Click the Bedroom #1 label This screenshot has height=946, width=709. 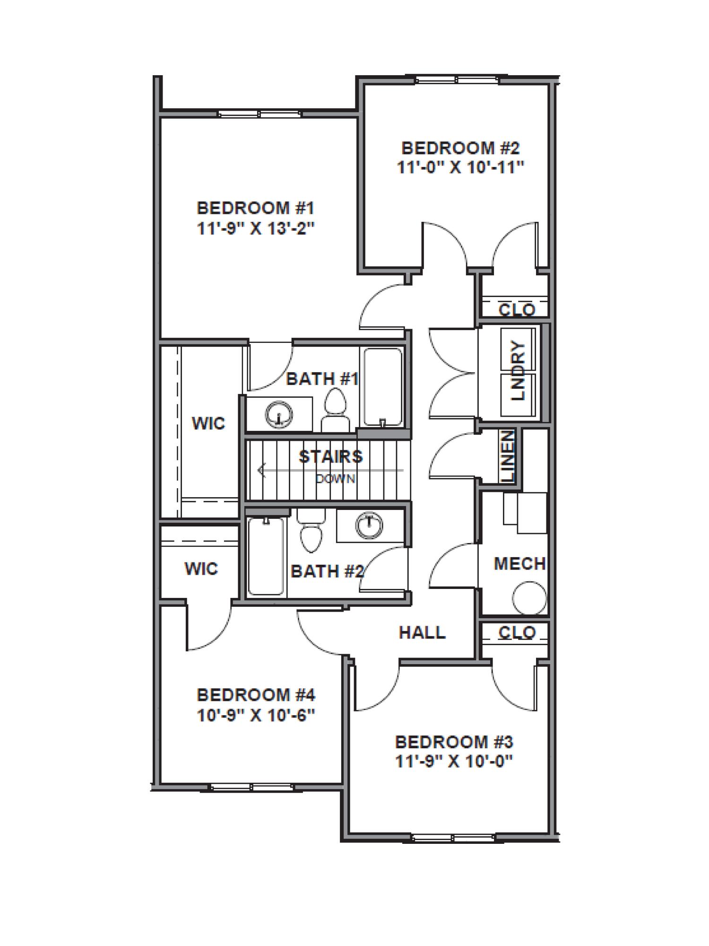point(256,208)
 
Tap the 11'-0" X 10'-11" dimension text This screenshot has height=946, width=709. point(460,167)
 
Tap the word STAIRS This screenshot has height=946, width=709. point(331,456)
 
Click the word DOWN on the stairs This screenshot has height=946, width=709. point(336,479)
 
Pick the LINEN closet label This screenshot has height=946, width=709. point(508,456)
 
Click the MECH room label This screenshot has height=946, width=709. point(519,563)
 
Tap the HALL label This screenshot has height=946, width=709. point(422,632)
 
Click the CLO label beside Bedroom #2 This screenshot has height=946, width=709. point(517,310)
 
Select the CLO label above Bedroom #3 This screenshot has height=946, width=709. point(517,632)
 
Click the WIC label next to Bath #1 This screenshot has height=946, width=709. point(208,423)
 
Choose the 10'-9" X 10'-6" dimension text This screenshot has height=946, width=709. point(256,715)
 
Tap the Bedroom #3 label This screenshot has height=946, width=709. point(454,741)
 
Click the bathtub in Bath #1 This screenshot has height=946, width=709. point(382,387)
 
